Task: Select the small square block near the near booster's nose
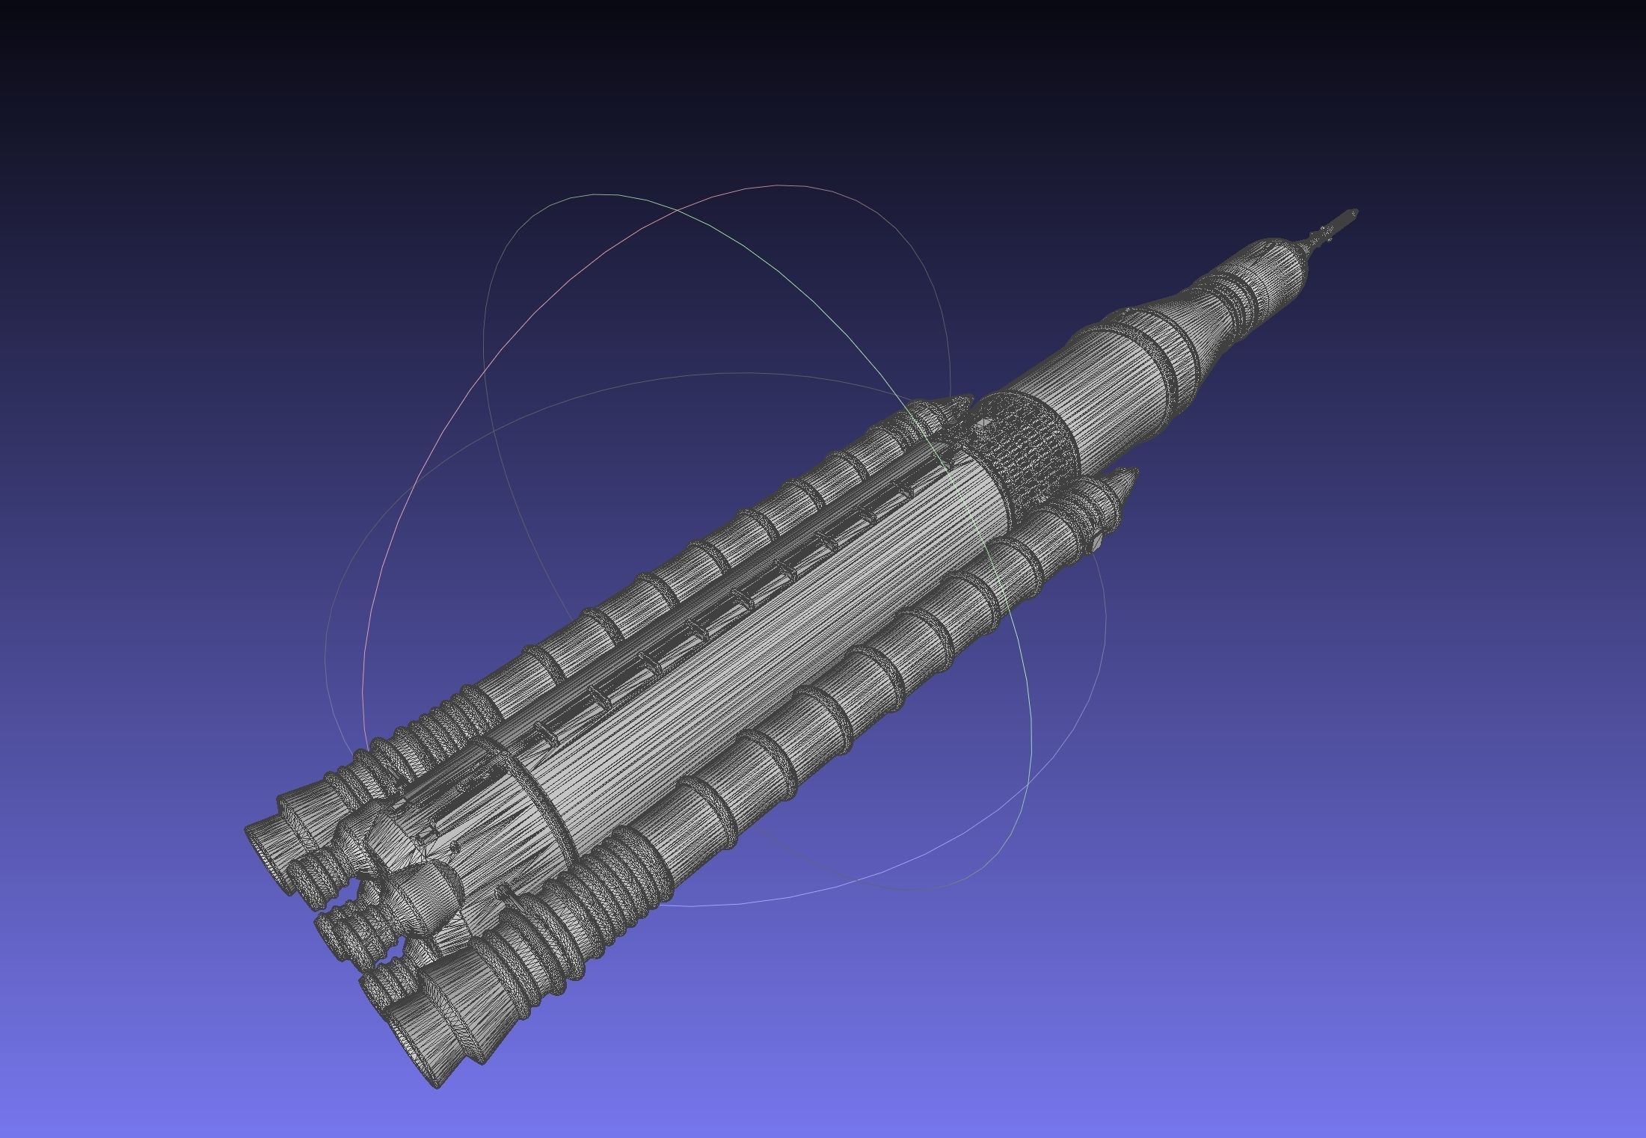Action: (x=1096, y=542)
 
